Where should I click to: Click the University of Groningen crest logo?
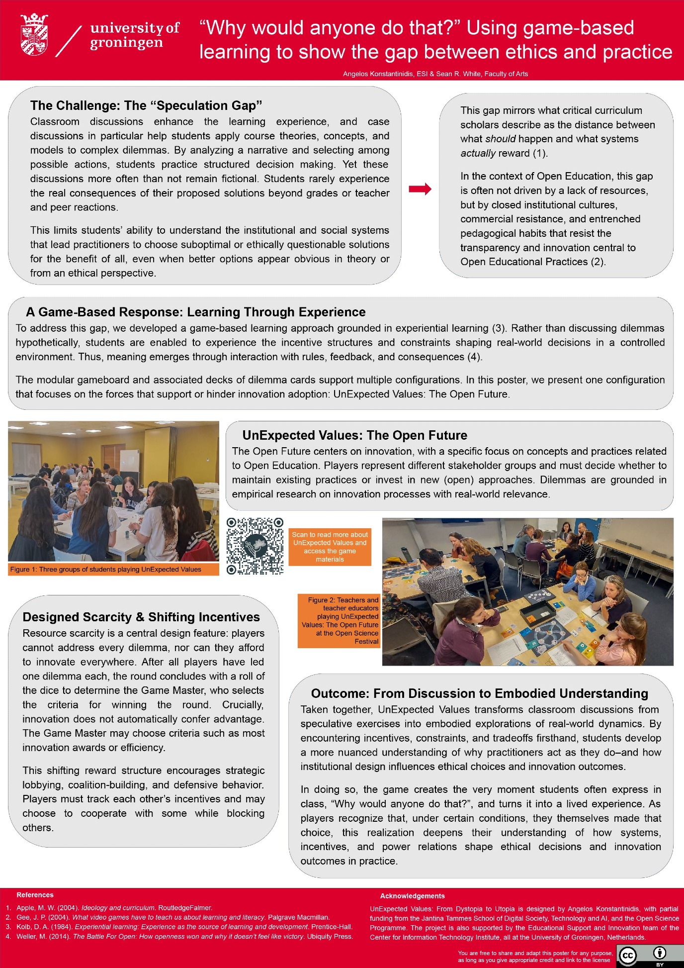click(34, 34)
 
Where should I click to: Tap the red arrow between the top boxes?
click(420, 189)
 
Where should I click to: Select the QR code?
click(255, 546)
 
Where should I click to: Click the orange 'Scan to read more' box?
click(330, 547)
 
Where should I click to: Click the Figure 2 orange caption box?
click(339, 621)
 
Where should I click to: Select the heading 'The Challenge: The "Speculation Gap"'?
click(146, 105)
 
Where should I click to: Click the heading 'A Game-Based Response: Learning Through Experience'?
click(196, 312)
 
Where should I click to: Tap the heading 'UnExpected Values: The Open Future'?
click(354, 435)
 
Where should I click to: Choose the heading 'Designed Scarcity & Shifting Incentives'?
click(141, 617)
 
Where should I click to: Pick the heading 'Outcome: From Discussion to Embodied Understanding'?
click(479, 693)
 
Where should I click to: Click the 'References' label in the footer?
click(35, 895)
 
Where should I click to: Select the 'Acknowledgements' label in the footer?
click(412, 896)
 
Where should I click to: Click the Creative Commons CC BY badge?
click(649, 955)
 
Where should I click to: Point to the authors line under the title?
click(435, 74)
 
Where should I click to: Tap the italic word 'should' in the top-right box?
click(500, 139)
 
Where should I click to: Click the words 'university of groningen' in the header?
click(134, 35)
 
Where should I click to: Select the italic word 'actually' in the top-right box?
click(478, 153)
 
